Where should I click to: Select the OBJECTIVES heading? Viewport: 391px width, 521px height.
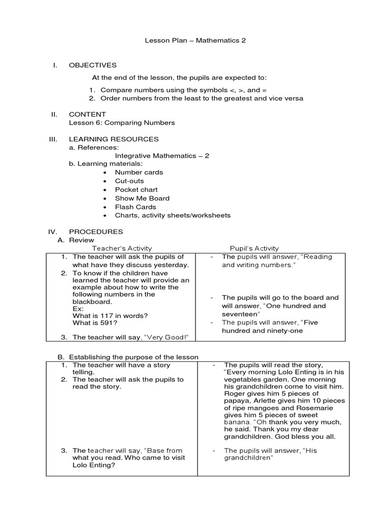[93, 65]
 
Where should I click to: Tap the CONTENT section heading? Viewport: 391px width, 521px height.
[87, 114]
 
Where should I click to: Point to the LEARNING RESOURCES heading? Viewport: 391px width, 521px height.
[114, 139]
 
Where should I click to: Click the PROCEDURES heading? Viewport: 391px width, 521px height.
[96, 231]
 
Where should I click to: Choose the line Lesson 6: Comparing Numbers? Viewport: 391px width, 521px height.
[122, 123]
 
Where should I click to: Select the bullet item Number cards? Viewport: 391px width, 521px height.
[138, 172]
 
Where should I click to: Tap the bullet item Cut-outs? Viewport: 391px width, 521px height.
[129, 181]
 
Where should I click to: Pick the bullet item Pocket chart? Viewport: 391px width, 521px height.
[136, 190]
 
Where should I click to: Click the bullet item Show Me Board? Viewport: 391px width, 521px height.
[142, 198]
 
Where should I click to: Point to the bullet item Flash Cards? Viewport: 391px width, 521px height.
[135, 207]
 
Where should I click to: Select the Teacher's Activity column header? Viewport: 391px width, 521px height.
[122, 248]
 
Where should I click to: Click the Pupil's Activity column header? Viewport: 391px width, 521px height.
[254, 248]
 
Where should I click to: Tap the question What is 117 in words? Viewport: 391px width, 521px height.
[110, 316]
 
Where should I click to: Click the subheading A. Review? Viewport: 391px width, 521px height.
[77, 240]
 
